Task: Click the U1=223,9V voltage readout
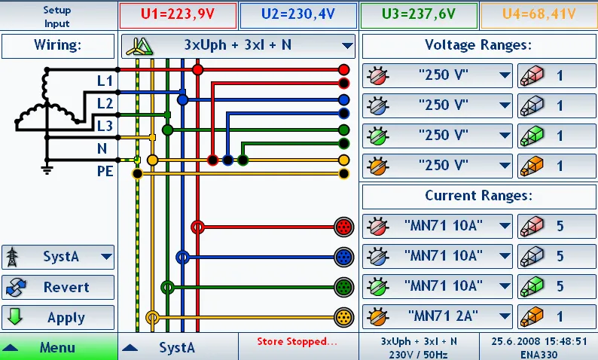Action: click(x=178, y=15)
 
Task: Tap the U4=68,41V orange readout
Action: click(x=539, y=15)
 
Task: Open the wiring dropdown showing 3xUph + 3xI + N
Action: click(x=238, y=46)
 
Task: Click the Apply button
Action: click(x=58, y=317)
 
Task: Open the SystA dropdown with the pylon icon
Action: click(x=58, y=257)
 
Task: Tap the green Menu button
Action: click(x=59, y=346)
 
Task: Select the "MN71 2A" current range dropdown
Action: click(x=437, y=316)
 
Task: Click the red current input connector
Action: click(x=343, y=227)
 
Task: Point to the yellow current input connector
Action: click(x=343, y=317)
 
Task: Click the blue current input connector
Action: click(x=343, y=257)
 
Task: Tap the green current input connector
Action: click(x=343, y=287)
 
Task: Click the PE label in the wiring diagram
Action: click(x=105, y=171)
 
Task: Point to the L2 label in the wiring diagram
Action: click(x=105, y=103)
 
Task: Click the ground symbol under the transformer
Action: click(x=47, y=169)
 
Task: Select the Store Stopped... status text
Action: click(x=297, y=341)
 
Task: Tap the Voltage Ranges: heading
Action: click(x=478, y=45)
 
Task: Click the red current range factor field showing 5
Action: click(x=557, y=226)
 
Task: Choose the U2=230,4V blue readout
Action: click(x=298, y=15)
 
